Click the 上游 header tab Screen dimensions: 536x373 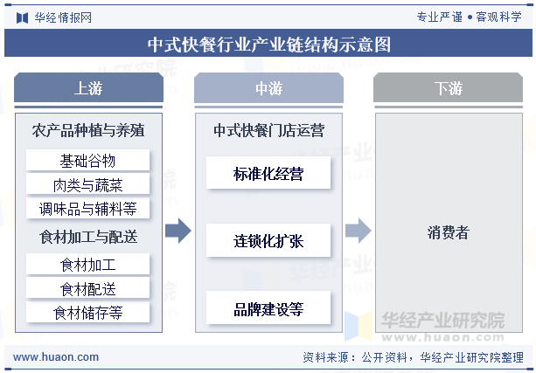click(x=88, y=87)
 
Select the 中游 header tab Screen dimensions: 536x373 click(x=268, y=87)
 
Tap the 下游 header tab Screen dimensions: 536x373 click(x=448, y=87)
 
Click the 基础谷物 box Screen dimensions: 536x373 click(x=87, y=160)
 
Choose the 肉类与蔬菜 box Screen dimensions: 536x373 click(x=87, y=184)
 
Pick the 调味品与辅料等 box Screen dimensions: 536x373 click(x=87, y=208)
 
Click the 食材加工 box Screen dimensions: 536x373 click(x=87, y=264)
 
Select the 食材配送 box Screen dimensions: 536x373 click(x=87, y=288)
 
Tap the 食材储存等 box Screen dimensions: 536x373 click(x=87, y=312)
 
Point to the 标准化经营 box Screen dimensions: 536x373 click(x=268, y=173)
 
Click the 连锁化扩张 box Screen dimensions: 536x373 click(x=268, y=240)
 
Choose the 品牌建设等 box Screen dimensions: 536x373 click(x=268, y=307)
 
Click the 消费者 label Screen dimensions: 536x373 click(x=449, y=232)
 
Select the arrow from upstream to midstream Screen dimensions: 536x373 click(x=178, y=231)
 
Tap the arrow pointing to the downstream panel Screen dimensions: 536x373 click(x=358, y=231)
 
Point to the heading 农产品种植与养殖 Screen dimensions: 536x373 click(x=88, y=130)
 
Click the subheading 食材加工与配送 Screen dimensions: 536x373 click(x=88, y=237)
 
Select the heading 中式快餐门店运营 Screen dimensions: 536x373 click(x=268, y=130)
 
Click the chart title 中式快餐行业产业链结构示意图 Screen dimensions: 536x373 click(x=269, y=44)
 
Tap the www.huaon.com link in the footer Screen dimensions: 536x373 click(x=56, y=357)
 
